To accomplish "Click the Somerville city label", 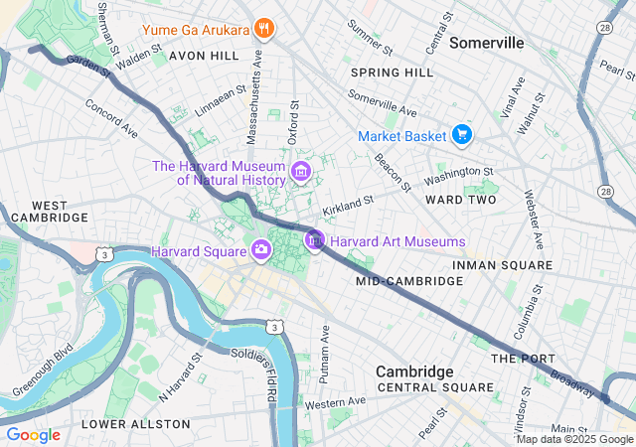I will click(x=487, y=43).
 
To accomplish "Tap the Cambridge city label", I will click(x=414, y=371).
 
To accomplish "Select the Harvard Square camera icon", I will click(x=261, y=249).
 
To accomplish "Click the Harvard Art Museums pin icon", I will click(x=315, y=240).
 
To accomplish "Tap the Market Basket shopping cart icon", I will click(x=461, y=134).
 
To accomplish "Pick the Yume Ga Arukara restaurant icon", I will click(x=263, y=28).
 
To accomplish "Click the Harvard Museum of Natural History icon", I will click(x=299, y=174).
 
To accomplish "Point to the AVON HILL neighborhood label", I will click(x=204, y=56).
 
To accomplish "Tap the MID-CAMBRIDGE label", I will click(x=409, y=281).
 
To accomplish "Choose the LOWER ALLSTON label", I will click(x=135, y=424).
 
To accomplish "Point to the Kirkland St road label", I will click(x=347, y=206).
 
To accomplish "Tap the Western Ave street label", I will click(x=336, y=402).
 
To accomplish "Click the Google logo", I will click(x=33, y=434).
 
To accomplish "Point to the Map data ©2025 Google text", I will click(x=573, y=439).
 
